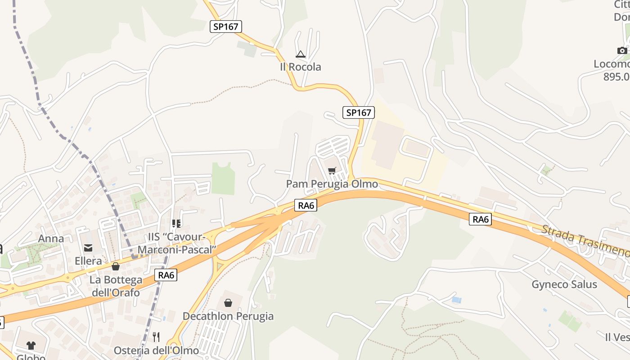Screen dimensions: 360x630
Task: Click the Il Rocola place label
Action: click(301, 67)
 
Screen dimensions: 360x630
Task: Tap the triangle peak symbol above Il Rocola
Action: click(300, 54)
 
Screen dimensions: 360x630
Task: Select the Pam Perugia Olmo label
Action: click(332, 184)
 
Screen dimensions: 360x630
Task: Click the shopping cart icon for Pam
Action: click(332, 171)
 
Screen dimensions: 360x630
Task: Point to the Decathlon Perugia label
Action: click(228, 316)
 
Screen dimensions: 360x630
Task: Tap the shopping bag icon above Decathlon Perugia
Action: click(228, 303)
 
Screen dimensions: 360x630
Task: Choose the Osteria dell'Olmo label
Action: click(156, 351)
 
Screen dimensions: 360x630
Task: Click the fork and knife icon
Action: click(156, 337)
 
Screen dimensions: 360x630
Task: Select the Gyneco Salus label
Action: click(564, 284)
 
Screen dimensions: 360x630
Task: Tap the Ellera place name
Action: click(88, 261)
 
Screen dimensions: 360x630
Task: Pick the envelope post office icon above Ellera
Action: click(88, 247)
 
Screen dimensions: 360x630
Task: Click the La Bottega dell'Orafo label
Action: click(115, 286)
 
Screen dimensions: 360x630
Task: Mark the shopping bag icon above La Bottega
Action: click(116, 266)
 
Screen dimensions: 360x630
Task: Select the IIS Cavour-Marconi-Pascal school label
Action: click(177, 243)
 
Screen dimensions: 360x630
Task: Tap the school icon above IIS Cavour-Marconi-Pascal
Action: click(176, 223)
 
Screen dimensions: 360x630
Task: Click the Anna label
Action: click(51, 238)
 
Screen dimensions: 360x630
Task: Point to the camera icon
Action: click(622, 50)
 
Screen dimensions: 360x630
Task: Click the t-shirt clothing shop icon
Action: click(31, 345)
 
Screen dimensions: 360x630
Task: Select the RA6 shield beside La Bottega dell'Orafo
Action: click(166, 275)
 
